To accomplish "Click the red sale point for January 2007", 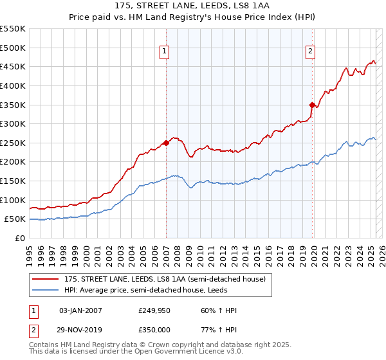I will tap(166, 143).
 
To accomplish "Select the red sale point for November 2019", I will tap(312, 105).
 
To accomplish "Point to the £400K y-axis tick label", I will tap(13, 85).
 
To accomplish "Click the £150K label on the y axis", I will tap(13, 181).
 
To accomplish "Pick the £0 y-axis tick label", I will tap(19, 238).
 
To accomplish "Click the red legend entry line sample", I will tap(45, 279).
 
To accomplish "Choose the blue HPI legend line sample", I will tap(45, 290).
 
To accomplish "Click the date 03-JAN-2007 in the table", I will tap(80, 310).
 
